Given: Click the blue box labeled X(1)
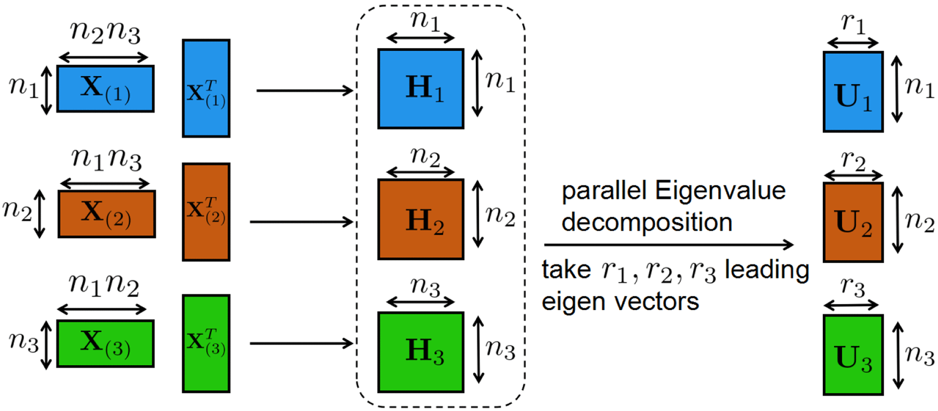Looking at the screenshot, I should (105, 89).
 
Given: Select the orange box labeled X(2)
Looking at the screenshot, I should (107, 214).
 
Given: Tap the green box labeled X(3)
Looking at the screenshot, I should (105, 343).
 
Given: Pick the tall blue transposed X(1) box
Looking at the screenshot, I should (206, 88).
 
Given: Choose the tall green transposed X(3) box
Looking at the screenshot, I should (206, 343).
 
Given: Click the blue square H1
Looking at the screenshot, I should (421, 89).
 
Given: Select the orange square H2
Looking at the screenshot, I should (421, 219).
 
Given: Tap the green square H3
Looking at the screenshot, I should (421, 352).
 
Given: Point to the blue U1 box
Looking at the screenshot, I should (853, 92).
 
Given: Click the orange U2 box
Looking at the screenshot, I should (853, 222).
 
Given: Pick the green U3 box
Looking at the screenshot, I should (853, 355).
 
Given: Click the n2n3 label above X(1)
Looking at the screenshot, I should (105, 33).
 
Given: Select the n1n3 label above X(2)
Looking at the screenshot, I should (107, 159).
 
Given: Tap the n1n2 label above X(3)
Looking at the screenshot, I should (104, 285).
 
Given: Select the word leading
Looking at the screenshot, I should (767, 270).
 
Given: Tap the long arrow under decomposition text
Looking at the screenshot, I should (668, 245).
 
